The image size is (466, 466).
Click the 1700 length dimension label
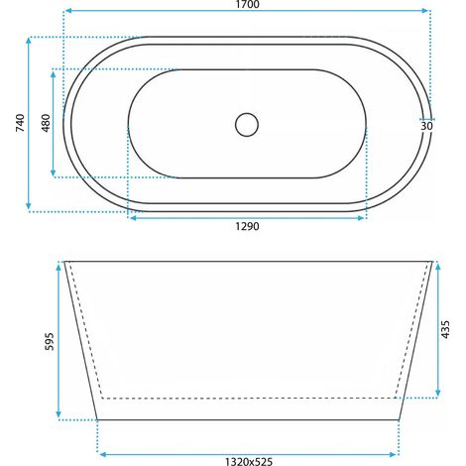(x=247, y=4)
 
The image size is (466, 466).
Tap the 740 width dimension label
(x=20, y=123)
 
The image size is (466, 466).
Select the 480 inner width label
(x=46, y=123)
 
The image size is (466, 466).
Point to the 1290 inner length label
(x=247, y=226)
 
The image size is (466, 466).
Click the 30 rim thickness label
(x=426, y=126)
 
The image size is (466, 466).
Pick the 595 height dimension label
(x=49, y=341)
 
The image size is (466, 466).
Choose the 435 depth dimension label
(x=445, y=329)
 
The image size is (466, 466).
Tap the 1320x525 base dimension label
(x=249, y=461)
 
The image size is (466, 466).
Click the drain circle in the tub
(x=247, y=125)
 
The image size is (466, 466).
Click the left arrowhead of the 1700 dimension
(x=68, y=11)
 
